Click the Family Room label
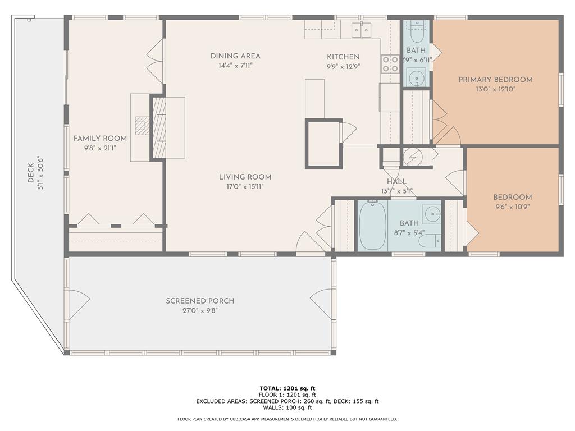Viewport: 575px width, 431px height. point(100,139)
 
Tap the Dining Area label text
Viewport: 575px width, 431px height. point(235,56)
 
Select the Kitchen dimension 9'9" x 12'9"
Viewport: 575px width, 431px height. point(343,66)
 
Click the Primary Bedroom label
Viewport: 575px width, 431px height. point(495,80)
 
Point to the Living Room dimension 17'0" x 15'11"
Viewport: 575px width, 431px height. point(245,186)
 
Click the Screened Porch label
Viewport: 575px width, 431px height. point(200,301)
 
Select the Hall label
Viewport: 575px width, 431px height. point(396,182)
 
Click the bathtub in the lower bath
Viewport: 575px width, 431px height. point(372,226)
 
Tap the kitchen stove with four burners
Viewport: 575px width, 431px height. point(390,64)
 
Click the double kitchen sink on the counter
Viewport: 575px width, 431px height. point(361,29)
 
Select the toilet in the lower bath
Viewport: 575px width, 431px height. point(430,241)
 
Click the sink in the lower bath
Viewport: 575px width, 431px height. point(431,214)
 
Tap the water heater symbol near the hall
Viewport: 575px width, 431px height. point(413,157)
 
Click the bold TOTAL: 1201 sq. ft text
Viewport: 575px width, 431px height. point(287,388)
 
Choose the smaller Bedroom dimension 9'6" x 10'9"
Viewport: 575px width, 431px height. point(512,207)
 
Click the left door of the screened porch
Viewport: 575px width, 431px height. point(77,305)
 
